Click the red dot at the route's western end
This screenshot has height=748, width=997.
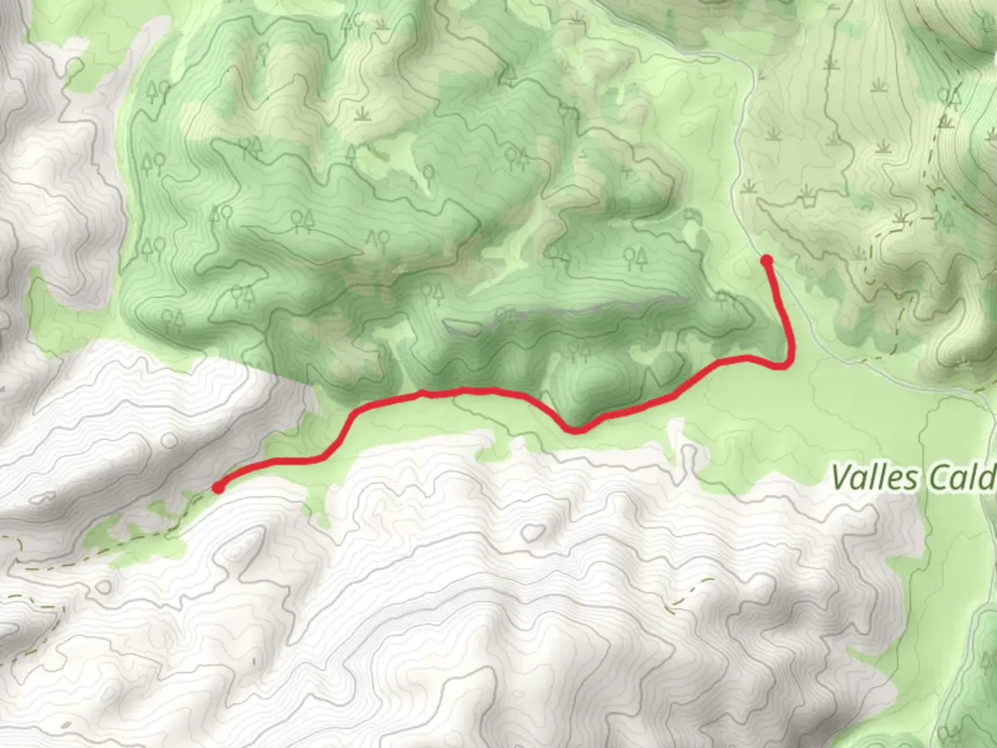218,488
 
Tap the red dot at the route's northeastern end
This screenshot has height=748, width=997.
766,260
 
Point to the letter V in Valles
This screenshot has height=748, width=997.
841,477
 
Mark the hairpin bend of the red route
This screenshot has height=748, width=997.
787,362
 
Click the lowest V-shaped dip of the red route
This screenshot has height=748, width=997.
576,430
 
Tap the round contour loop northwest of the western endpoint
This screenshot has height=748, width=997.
49,497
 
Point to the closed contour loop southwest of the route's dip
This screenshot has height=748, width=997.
532,532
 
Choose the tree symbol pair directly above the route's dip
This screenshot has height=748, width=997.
576,349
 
